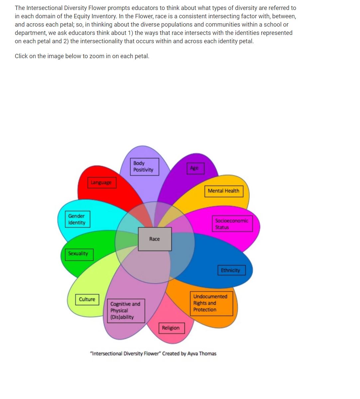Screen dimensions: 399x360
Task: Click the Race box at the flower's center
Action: tap(155, 239)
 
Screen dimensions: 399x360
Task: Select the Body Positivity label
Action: tap(144, 167)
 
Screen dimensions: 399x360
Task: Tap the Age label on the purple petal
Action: tap(194, 168)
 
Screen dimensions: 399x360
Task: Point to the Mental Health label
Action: tap(223, 191)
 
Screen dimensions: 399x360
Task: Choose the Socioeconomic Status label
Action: tap(232, 224)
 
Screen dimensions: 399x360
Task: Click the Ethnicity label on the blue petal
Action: tap(231, 270)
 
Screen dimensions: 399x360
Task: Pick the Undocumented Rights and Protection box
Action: tap(211, 303)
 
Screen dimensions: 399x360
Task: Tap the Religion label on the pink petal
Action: tap(171, 328)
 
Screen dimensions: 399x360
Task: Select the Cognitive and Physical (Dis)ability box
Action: tap(126, 311)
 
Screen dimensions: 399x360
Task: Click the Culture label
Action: tap(87, 299)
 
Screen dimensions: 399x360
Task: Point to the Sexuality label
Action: tap(78, 254)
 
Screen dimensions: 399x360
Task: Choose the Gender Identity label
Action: tap(77, 219)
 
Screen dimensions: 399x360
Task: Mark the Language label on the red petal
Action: tap(101, 183)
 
